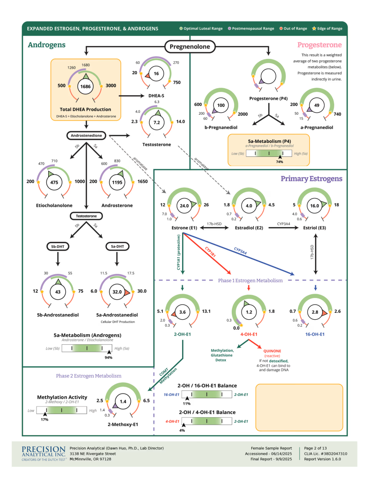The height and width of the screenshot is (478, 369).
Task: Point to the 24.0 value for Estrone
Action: [x=184, y=205]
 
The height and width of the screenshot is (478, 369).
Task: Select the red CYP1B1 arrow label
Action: [x=211, y=254]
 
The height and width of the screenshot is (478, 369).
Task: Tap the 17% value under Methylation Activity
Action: [x=45, y=420]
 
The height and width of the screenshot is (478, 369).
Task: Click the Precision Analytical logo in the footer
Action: [x=44, y=453]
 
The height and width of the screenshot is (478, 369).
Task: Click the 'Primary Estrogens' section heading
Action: [x=312, y=179]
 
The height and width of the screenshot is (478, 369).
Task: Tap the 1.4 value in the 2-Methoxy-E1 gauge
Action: [x=123, y=401]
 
